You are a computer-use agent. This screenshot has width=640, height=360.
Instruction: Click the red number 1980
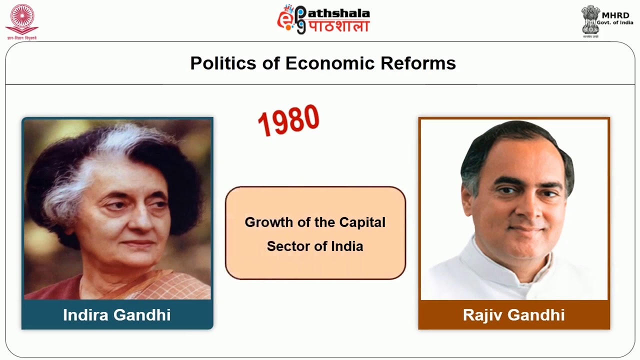click(288, 120)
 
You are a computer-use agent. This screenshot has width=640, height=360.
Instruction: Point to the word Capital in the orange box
click(362, 222)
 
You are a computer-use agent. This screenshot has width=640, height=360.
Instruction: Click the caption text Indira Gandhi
click(117, 315)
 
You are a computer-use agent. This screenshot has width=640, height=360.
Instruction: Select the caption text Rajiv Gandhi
click(513, 315)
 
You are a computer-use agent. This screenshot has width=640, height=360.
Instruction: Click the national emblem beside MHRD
click(590, 19)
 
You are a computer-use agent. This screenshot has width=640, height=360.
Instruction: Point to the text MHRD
click(615, 15)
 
